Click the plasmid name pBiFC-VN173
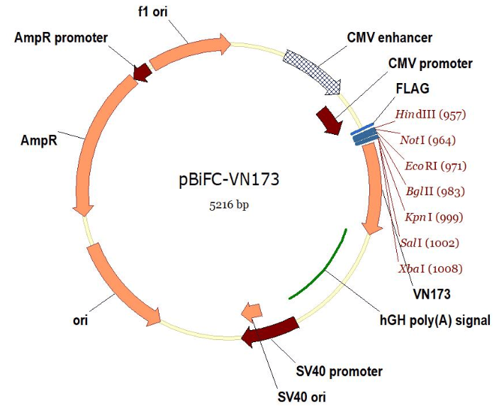click(228, 179)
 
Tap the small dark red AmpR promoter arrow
click(142, 71)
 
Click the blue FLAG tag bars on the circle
click(365, 134)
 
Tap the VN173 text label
click(433, 293)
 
